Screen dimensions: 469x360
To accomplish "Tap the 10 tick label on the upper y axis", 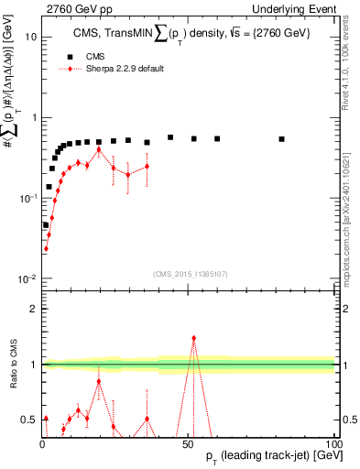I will [28, 38].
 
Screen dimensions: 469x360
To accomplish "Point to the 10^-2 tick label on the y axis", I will [26, 278].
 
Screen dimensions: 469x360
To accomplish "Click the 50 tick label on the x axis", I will [188, 443].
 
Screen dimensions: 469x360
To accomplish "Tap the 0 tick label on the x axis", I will [42, 443].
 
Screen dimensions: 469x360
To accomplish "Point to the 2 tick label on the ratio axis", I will [32, 309].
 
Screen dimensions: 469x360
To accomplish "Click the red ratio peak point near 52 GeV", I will [193, 338].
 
